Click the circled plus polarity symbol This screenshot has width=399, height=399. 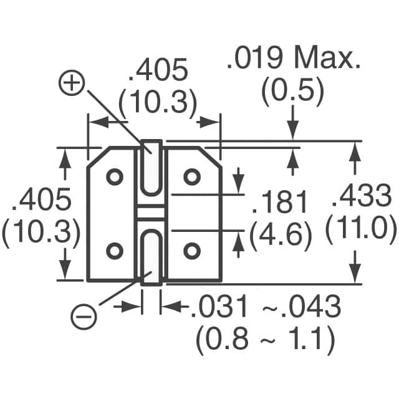tap(73, 83)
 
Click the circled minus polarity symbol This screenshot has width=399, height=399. tap(84, 317)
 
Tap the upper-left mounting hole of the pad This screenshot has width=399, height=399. tap(114, 177)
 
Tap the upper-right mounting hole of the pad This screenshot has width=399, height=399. tap(191, 177)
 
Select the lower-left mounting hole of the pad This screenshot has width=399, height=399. tap(114, 251)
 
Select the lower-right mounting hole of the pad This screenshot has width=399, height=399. tap(191, 251)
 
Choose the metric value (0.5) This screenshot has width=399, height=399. tap(293, 92)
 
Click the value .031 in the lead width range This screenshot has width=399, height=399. tap(216, 307)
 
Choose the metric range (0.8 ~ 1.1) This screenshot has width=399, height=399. tap(266, 340)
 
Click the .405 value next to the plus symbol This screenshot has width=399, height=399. tap(158, 72)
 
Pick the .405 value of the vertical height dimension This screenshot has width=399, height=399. tap(41, 201)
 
